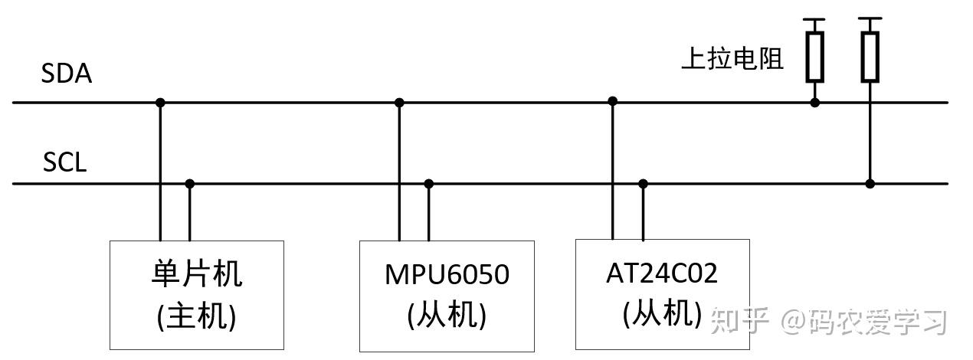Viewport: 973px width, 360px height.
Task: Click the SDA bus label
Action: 67,74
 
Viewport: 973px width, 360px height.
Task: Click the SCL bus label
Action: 65,162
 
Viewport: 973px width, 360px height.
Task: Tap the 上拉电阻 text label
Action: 732,59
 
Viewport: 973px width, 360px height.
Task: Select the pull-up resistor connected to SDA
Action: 814,57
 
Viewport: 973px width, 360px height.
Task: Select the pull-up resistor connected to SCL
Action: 869,57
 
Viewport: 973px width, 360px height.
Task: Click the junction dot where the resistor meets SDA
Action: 814,102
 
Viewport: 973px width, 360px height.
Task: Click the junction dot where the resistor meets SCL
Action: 870,184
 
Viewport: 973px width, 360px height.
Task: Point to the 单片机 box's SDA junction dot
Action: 160,102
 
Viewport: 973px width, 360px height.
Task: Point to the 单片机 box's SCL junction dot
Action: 190,184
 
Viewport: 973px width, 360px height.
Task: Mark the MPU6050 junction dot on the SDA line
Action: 399,102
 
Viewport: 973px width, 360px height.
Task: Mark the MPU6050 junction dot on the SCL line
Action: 429,184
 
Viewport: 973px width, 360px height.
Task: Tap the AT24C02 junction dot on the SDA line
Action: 612,101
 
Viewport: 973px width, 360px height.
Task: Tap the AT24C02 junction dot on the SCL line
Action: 643,184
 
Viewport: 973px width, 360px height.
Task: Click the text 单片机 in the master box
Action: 196,273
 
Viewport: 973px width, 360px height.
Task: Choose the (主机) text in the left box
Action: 196,315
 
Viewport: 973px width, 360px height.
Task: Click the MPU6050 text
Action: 447,274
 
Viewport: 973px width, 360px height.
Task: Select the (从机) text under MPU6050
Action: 447,315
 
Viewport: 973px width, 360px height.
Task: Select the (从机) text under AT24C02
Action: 662,313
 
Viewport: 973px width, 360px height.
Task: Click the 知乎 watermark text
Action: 739,322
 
